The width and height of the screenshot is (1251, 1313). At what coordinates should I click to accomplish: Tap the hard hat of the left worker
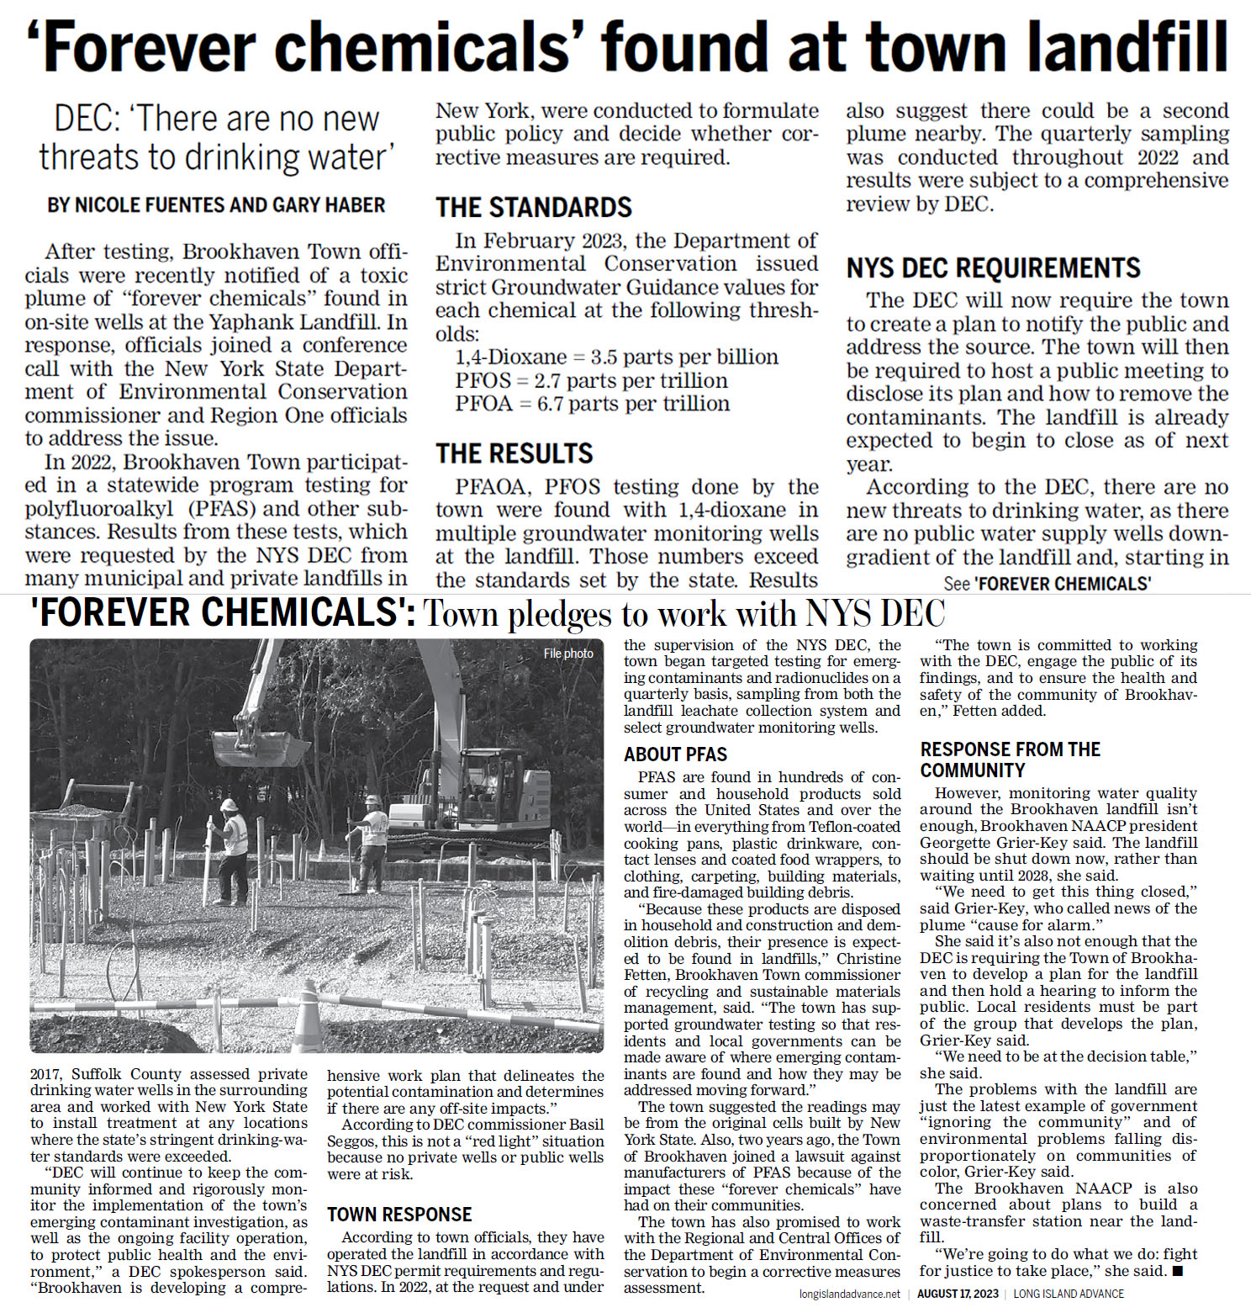[228, 805]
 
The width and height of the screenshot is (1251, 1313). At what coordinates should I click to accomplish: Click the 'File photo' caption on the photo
[568, 654]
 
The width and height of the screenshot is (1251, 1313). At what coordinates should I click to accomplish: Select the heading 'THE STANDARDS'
[533, 208]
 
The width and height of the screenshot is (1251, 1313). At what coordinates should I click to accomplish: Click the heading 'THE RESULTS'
[514, 454]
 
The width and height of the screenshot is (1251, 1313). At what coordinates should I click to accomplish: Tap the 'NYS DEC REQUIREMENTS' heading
[993, 268]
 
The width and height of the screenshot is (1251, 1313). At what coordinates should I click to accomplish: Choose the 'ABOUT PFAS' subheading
[675, 754]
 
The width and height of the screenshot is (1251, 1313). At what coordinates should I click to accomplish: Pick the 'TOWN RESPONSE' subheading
[399, 1215]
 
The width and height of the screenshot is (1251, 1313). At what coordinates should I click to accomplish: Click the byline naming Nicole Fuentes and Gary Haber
[216, 205]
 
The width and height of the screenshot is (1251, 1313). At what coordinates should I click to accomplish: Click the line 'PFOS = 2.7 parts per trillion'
[591, 381]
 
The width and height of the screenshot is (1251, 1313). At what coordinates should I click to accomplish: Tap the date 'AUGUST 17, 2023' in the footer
[958, 1294]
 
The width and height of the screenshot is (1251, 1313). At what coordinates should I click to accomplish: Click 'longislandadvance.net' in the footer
[849, 1294]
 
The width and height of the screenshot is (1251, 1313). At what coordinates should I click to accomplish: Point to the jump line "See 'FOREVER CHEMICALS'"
[1047, 584]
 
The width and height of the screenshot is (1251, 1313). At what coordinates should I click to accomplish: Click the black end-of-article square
[1178, 1271]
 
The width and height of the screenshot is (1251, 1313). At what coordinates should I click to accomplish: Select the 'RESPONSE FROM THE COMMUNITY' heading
[1010, 760]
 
